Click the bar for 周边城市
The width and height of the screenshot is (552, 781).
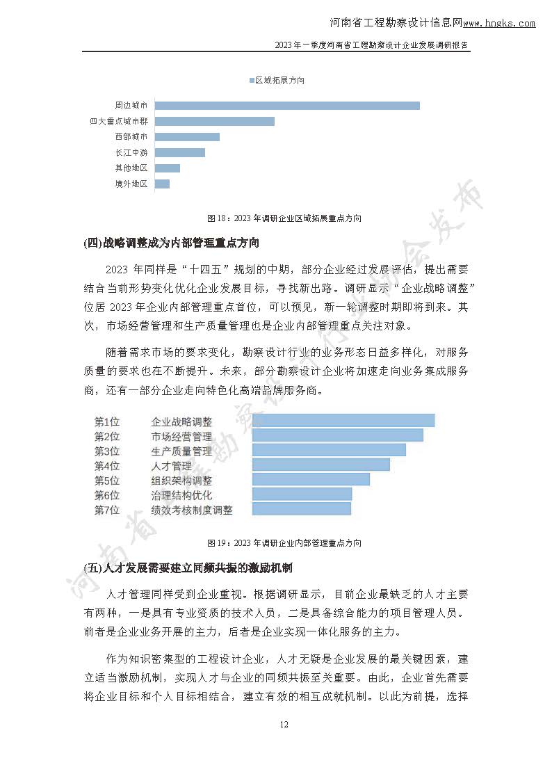[286, 106]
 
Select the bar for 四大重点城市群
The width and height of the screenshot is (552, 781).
[214, 121]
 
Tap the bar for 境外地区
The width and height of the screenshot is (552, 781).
[162, 184]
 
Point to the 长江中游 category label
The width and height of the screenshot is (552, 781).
[131, 152]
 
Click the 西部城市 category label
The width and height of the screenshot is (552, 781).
[131, 137]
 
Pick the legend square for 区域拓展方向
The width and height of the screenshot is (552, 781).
[252, 81]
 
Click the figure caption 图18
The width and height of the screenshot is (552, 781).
[285, 218]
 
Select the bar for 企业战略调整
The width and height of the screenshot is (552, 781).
[343, 421]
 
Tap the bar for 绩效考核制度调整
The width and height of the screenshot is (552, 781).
[301, 509]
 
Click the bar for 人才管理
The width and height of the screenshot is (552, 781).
[320, 465]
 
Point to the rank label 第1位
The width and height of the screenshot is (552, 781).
[107, 421]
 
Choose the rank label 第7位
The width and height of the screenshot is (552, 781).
[107, 510]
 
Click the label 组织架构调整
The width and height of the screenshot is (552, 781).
[181, 481]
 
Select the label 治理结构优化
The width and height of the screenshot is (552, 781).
[181, 495]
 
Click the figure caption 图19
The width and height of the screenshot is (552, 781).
[284, 543]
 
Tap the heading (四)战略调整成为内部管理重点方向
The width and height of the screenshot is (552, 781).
[171, 243]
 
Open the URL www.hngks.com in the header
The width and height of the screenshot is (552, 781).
[499, 23]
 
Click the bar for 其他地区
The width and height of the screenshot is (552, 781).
[167, 168]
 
